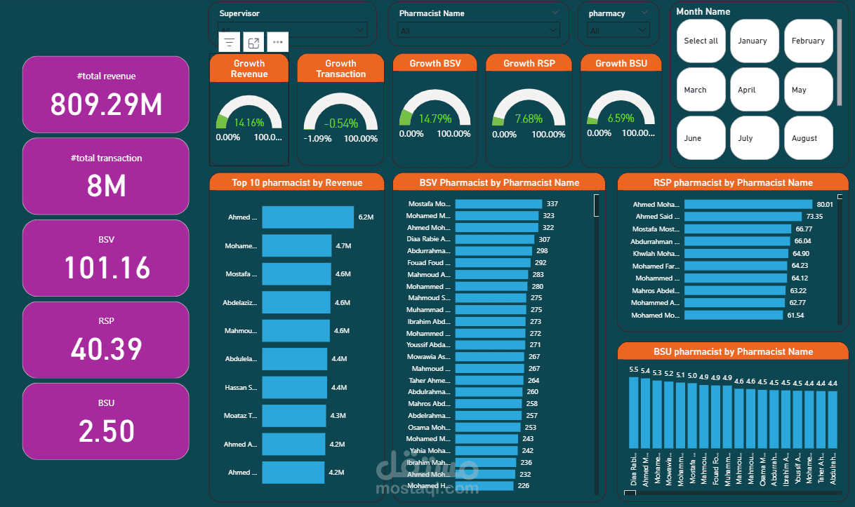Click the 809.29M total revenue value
point(106,104)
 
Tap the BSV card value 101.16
point(107,267)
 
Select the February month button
point(808,41)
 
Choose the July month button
point(754,138)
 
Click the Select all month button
point(701,41)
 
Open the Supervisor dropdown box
point(292,29)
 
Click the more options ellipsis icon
point(278,42)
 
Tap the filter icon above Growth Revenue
point(230,42)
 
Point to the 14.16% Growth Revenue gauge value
point(249,123)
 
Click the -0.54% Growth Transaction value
point(340,123)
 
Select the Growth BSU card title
point(621,63)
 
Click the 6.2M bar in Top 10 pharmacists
point(307,217)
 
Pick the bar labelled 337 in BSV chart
point(498,204)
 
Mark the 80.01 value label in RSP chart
point(825,204)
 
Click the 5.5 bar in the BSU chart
point(634,412)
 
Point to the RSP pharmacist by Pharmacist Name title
point(733,182)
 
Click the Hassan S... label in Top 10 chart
point(241,387)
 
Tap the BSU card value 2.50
point(107,431)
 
